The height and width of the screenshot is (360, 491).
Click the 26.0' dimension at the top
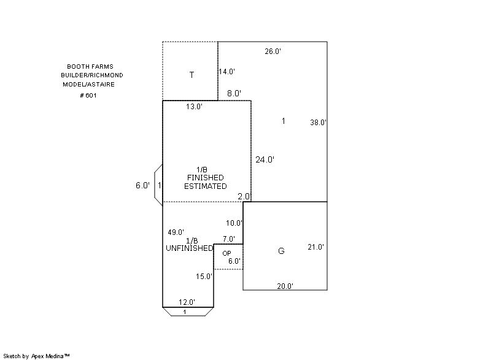[x=273, y=52]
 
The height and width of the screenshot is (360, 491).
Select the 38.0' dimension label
[x=318, y=123]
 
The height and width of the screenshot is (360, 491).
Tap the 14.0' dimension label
[x=226, y=72]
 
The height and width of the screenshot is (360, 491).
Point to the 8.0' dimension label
[x=234, y=93]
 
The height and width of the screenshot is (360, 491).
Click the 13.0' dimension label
[x=194, y=107]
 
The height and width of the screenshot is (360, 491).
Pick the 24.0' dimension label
[x=265, y=159]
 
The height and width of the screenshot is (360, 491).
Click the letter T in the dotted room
[x=192, y=75]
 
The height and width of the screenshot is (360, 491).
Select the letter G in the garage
[x=281, y=251]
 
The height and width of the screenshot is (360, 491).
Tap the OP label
[x=226, y=253]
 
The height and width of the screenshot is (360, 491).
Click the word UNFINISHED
[x=189, y=248]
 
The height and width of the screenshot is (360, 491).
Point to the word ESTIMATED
[x=206, y=186]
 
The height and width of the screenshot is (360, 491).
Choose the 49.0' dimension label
[x=176, y=232]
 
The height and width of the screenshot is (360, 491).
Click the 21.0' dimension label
[x=316, y=247]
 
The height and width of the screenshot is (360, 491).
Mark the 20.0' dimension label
[x=285, y=286]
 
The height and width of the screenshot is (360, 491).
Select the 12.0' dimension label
[x=187, y=302]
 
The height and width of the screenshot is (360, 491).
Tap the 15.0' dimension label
[x=204, y=277]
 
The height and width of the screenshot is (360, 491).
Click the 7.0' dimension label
[x=229, y=239]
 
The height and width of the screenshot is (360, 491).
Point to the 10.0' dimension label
[x=234, y=223]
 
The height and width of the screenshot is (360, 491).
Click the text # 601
[x=88, y=95]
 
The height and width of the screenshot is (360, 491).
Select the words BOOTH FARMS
[x=90, y=66]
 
